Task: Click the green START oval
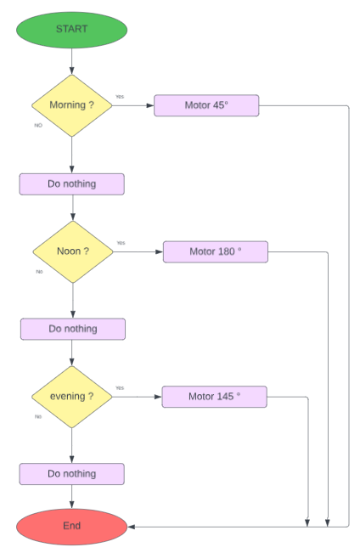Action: pyautogui.click(x=72, y=29)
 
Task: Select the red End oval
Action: pyautogui.click(x=72, y=526)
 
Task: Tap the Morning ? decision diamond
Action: pyautogui.click(x=72, y=105)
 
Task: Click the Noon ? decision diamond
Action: pyautogui.click(x=73, y=251)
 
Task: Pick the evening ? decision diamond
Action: pyautogui.click(x=72, y=397)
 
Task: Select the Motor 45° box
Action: pyautogui.click(x=206, y=105)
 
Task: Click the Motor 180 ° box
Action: pyautogui.click(x=215, y=251)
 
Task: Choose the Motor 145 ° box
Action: pyautogui.click(x=214, y=397)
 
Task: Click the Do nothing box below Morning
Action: pyautogui.click(x=72, y=183)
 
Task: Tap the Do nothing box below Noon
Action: pyautogui.click(x=73, y=329)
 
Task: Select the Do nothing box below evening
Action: pyautogui.click(x=72, y=473)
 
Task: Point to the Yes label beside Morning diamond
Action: pyautogui.click(x=120, y=96)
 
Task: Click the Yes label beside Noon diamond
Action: pyautogui.click(x=121, y=242)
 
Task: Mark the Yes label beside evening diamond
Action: pyautogui.click(x=120, y=387)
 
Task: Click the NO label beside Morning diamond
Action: pyautogui.click(x=38, y=125)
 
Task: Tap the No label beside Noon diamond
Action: pyautogui.click(x=39, y=272)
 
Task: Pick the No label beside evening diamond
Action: pyautogui.click(x=38, y=416)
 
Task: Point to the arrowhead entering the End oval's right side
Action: pyautogui.click(x=132, y=527)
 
